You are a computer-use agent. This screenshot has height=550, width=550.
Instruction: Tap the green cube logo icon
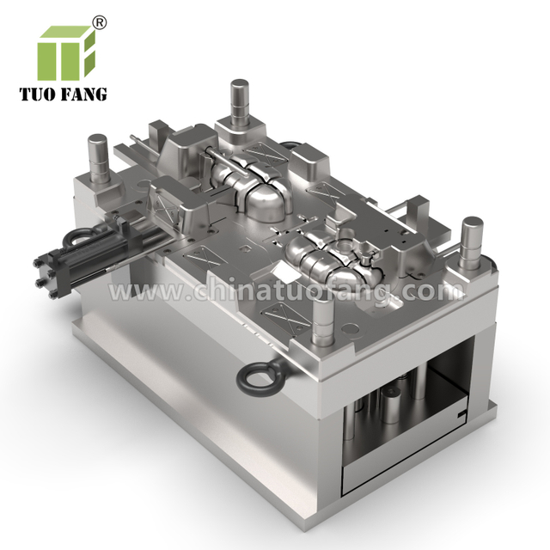pyautogui.click(x=67, y=52)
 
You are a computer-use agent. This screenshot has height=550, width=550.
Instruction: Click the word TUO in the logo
pyautogui.click(x=37, y=95)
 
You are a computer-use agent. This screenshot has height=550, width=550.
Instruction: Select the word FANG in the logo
pyautogui.click(x=84, y=95)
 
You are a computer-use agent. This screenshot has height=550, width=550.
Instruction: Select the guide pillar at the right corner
pyautogui.click(x=471, y=242)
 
